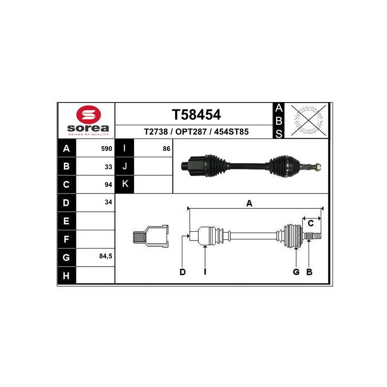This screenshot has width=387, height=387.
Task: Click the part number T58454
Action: coord(196,115)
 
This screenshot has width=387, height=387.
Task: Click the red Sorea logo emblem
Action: coord(89,115)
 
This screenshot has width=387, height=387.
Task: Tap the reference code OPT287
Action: coord(191,132)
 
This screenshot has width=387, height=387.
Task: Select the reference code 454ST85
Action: coord(231,132)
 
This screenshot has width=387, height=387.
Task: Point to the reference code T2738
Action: coord(156,132)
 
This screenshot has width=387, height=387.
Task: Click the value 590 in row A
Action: coord(106,149)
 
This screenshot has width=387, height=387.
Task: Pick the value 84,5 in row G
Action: coord(105,256)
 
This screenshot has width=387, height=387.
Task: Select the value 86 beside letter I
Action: coord(166,149)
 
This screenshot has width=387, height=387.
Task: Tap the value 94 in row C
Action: coord(108,185)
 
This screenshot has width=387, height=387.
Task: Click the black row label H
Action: coord(66,275)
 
